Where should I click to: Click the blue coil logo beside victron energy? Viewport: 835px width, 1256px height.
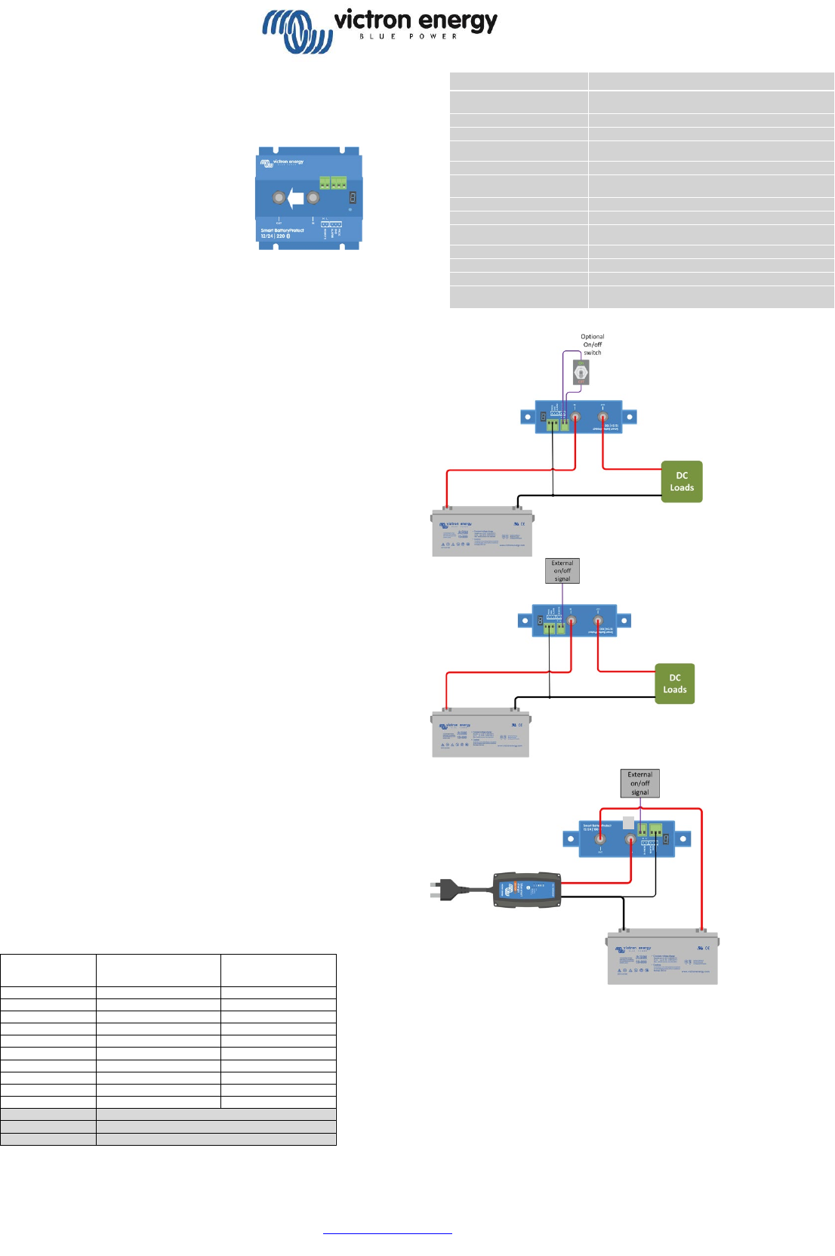click(297, 31)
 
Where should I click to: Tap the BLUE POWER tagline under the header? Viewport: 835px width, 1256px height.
click(408, 37)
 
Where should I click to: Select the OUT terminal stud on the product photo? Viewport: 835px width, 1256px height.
click(279, 199)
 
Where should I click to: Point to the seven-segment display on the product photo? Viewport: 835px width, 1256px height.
click(352, 198)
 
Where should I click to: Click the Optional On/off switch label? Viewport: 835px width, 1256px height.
click(593, 344)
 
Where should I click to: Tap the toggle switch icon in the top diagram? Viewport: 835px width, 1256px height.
click(581, 372)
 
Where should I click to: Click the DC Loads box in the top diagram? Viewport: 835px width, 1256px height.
click(682, 482)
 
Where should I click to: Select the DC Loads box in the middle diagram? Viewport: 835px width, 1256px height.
click(674, 684)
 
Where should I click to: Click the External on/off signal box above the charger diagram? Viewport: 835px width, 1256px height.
click(639, 783)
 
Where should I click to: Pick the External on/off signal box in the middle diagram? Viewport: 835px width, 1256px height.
click(562, 571)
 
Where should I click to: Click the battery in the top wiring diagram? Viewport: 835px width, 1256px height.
click(482, 532)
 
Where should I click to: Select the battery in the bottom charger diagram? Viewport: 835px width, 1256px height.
click(663, 957)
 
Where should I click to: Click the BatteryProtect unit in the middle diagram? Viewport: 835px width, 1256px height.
click(575, 621)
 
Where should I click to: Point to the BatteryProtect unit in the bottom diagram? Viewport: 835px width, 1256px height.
click(627, 838)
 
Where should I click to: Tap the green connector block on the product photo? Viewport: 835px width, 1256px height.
click(332, 182)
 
